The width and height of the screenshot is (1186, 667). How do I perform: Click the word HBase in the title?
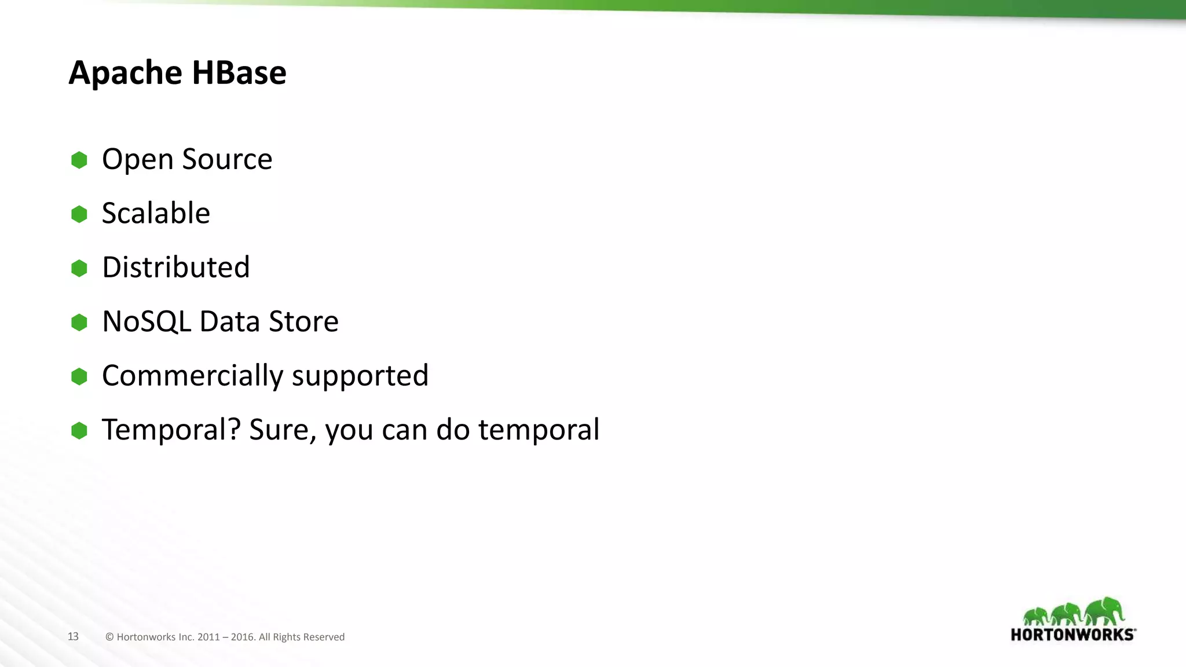click(x=239, y=73)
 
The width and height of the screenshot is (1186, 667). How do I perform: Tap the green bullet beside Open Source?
click(x=79, y=160)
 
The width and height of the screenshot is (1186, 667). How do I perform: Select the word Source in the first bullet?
click(x=227, y=159)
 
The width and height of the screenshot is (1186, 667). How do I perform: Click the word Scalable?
click(x=156, y=213)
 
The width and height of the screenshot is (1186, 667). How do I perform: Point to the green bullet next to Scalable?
click(x=79, y=214)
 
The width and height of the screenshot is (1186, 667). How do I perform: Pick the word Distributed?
click(x=175, y=267)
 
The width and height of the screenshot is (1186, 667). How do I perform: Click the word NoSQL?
click(x=147, y=321)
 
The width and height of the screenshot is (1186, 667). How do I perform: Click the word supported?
click(x=360, y=377)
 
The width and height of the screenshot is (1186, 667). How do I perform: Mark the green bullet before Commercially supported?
click(x=79, y=376)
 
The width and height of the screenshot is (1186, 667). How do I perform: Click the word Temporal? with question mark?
click(x=171, y=430)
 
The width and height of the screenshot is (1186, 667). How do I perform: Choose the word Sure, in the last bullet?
click(x=283, y=430)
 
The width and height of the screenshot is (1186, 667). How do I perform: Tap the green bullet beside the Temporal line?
click(x=79, y=430)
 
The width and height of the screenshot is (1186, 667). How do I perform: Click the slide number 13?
click(x=73, y=636)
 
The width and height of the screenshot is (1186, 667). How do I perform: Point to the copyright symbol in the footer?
click(x=109, y=637)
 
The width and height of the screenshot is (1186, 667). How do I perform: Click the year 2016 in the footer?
click(x=242, y=637)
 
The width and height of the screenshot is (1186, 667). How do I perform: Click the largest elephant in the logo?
click(x=1105, y=611)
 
